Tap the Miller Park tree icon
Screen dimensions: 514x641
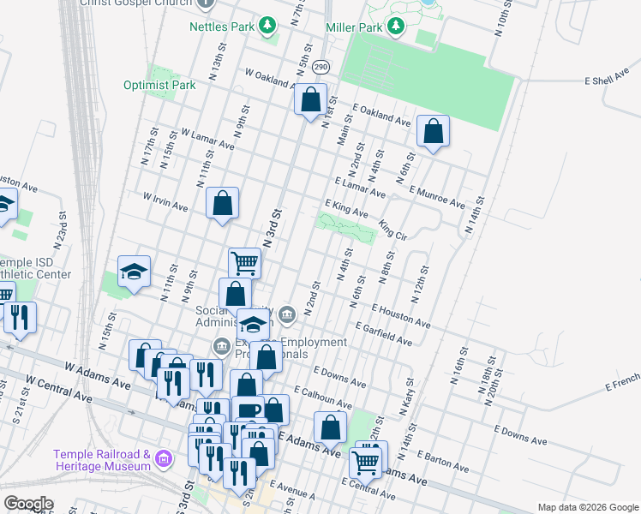tap(396, 27)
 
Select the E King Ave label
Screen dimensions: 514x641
tap(346, 207)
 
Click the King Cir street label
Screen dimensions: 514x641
tap(392, 231)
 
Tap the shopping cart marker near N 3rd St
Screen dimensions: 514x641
tap(244, 263)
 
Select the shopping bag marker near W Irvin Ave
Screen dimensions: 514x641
tap(222, 203)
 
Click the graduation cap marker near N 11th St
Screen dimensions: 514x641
tap(134, 272)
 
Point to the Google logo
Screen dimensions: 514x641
tap(28, 504)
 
